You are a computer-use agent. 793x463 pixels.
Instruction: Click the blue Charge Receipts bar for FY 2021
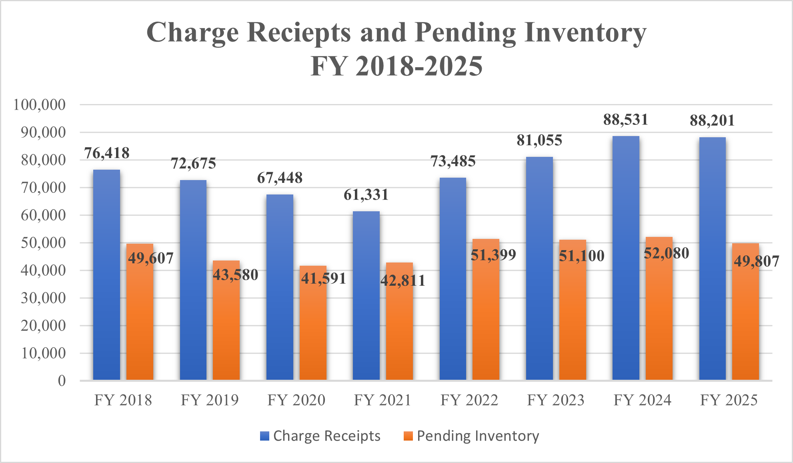(x=366, y=296)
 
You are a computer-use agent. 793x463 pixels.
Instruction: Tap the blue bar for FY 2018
(x=106, y=276)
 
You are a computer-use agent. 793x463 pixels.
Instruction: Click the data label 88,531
(x=626, y=120)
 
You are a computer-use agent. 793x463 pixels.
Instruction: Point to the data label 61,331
(x=366, y=195)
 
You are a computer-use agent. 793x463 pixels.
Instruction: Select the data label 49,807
(x=756, y=261)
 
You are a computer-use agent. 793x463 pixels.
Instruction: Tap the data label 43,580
(x=235, y=275)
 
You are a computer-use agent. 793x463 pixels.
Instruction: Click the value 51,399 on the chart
(x=493, y=255)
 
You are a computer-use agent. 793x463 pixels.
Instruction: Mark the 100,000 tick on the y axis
(x=39, y=105)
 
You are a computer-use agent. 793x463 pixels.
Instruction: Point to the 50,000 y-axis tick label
(x=43, y=243)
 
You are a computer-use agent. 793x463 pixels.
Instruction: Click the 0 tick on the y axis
(x=62, y=381)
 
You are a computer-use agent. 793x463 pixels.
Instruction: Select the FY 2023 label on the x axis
(x=556, y=400)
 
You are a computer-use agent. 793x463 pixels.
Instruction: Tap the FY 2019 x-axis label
(x=210, y=400)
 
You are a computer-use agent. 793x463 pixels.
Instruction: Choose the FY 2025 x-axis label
(x=729, y=400)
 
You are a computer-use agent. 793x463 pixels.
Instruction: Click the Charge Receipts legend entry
(x=326, y=436)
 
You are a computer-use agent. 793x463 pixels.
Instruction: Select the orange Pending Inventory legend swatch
(x=408, y=436)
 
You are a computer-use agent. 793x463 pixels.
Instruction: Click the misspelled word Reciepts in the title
(x=299, y=32)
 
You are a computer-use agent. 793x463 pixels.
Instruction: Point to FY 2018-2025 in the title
(x=396, y=66)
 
